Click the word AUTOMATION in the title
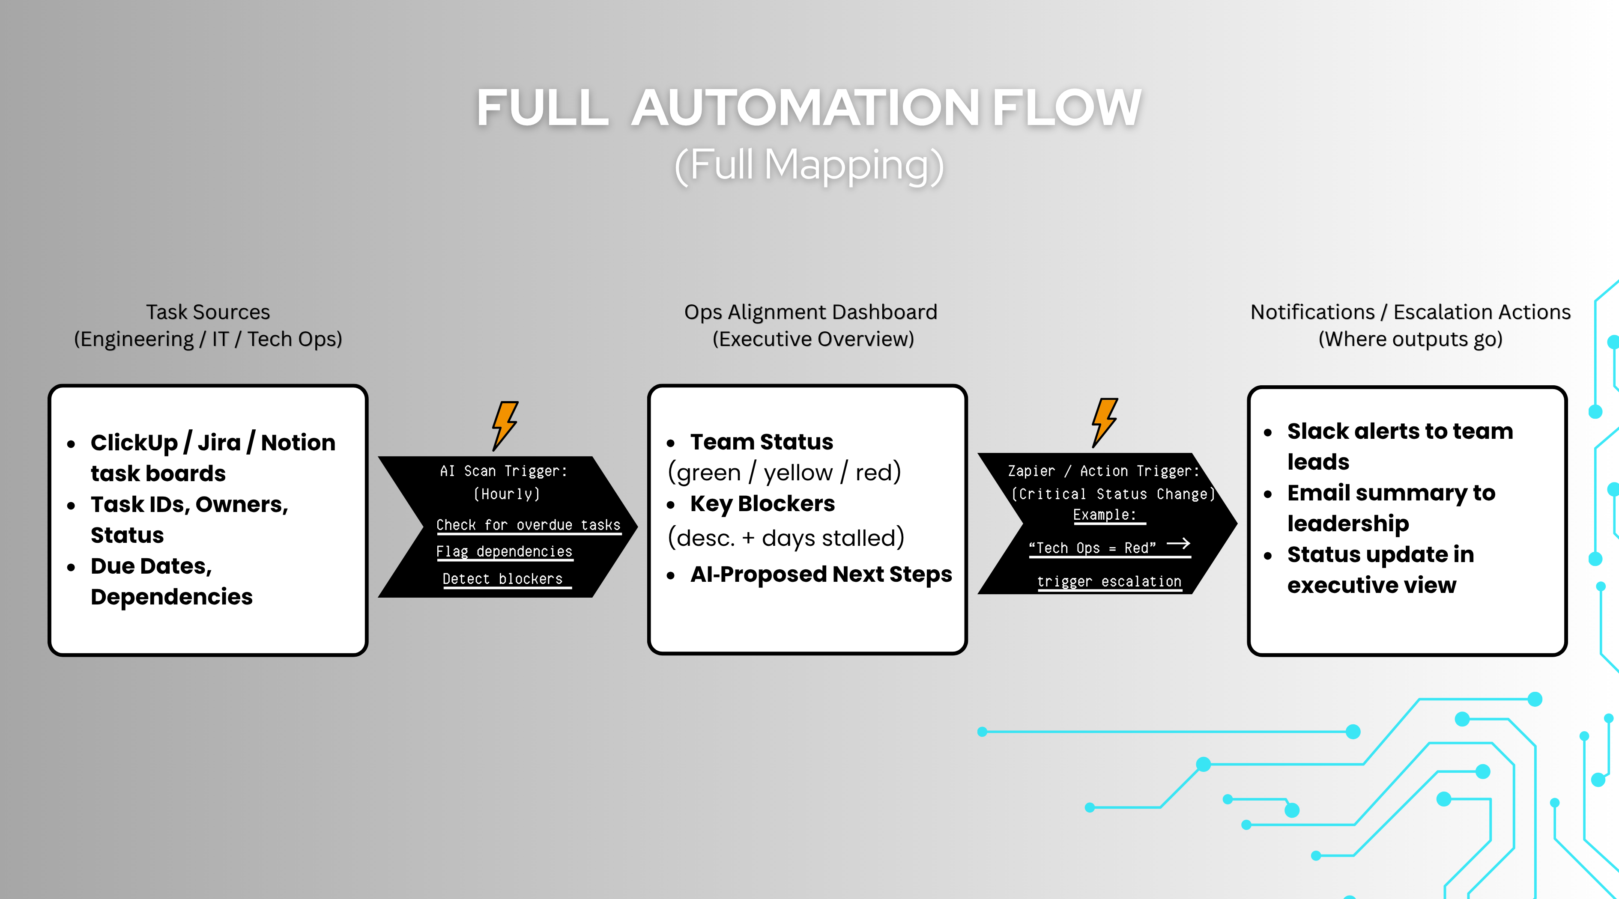[x=805, y=108]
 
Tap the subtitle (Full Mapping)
[x=809, y=165]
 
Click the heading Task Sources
[x=208, y=312]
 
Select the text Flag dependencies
[x=504, y=551]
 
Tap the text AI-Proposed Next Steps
[x=820, y=574]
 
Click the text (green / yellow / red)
[x=784, y=473]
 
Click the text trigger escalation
[x=1108, y=582]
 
